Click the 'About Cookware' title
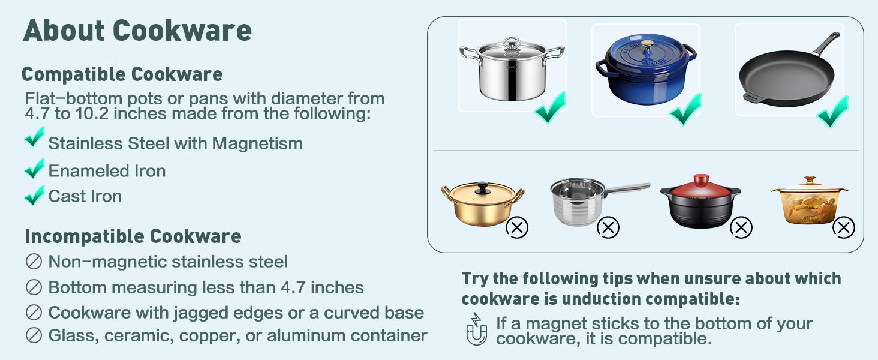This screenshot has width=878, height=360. click(x=137, y=31)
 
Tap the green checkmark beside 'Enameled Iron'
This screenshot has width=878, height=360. click(x=35, y=169)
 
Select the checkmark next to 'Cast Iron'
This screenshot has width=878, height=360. click(x=35, y=195)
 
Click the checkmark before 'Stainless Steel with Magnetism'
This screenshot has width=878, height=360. click(x=35, y=137)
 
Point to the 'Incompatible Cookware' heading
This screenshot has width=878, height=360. click(x=133, y=236)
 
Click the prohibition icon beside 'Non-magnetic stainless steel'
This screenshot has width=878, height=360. click(x=34, y=262)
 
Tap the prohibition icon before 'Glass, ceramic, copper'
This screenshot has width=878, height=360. click(x=34, y=335)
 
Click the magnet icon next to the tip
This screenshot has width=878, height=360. click(x=477, y=329)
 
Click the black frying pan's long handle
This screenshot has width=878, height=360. click(x=826, y=43)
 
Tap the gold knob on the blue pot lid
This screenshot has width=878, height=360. click(x=647, y=44)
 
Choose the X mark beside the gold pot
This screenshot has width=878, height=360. click(x=517, y=227)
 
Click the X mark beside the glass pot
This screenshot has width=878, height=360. click(x=843, y=227)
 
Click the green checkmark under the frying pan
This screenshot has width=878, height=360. click(x=832, y=112)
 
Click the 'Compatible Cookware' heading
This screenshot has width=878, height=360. click(x=122, y=74)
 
